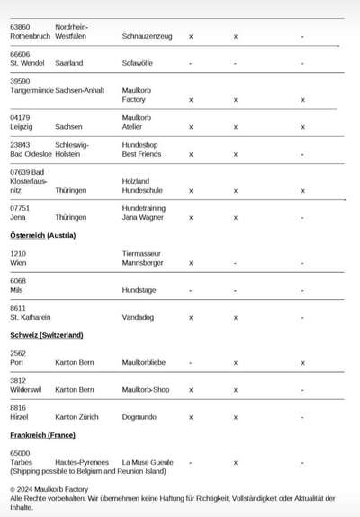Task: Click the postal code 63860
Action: click(20, 27)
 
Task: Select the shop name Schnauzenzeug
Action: click(146, 37)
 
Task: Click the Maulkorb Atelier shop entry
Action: click(137, 122)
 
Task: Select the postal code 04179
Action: click(20, 117)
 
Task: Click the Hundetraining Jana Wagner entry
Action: click(143, 213)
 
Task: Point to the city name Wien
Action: click(18, 263)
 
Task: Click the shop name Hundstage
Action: click(139, 290)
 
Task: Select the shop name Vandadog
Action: click(138, 317)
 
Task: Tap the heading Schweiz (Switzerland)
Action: click(47, 335)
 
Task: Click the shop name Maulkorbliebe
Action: click(145, 362)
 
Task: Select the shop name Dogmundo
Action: click(141, 417)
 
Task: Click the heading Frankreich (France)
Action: click(42, 435)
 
